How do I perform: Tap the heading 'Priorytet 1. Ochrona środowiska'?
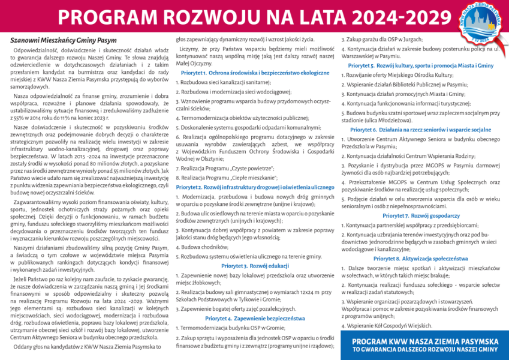(x=255, y=72)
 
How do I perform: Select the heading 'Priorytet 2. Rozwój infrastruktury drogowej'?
(x=255, y=187)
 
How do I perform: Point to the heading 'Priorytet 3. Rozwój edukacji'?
(x=255, y=265)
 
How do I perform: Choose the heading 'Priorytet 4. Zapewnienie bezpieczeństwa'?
(x=255, y=318)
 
